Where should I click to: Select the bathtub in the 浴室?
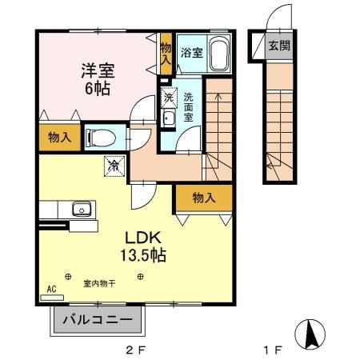coord(220,54)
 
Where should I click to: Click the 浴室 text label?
coord(192,53)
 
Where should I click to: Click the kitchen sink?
coord(80,210)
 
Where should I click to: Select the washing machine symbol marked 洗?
coord(169,97)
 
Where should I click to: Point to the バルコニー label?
coord(97,320)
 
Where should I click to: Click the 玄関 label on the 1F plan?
coord(278,46)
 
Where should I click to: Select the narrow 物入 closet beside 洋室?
coord(166,54)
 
